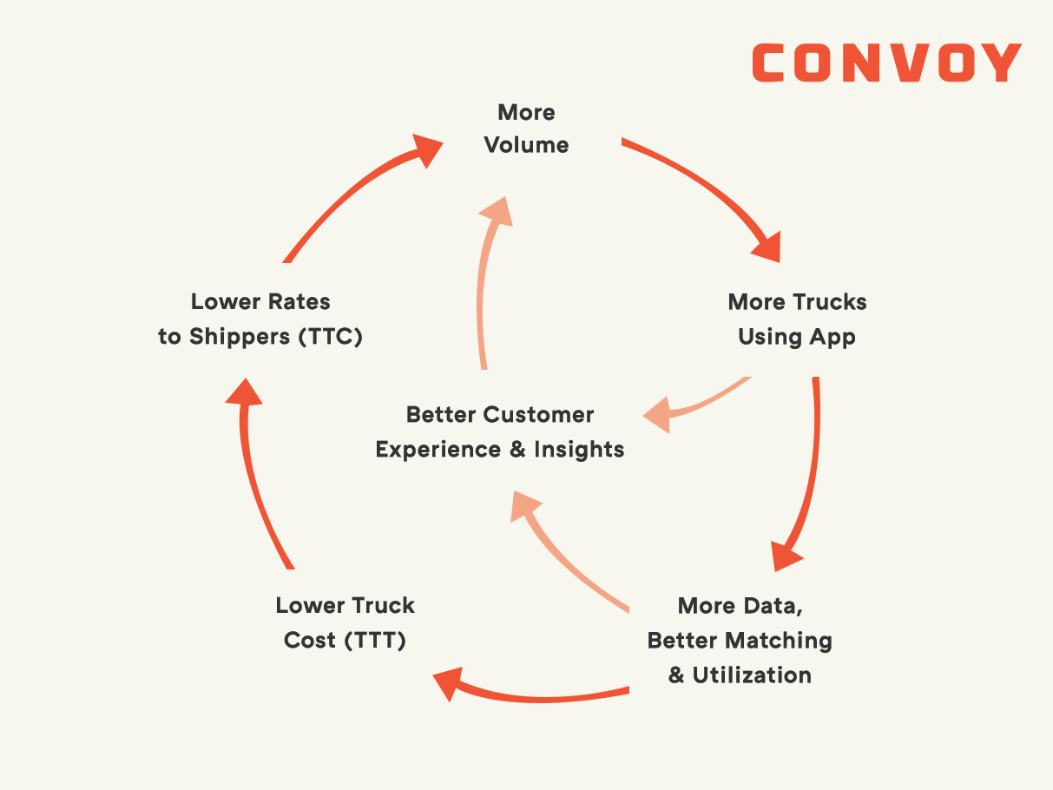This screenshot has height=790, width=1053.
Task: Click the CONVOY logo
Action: (x=886, y=63)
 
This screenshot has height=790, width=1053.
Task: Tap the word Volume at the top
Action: (x=527, y=145)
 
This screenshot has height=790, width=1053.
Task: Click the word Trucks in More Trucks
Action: (x=827, y=302)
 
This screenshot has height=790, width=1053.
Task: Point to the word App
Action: (x=833, y=337)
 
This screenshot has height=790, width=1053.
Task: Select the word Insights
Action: (x=579, y=450)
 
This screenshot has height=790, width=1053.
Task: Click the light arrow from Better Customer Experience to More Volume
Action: (x=484, y=286)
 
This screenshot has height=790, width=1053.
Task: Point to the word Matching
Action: (x=785, y=641)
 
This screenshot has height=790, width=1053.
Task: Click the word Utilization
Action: (x=752, y=675)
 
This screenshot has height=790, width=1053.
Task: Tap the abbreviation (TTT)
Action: (x=375, y=641)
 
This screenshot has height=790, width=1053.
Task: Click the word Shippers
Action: (x=238, y=337)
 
